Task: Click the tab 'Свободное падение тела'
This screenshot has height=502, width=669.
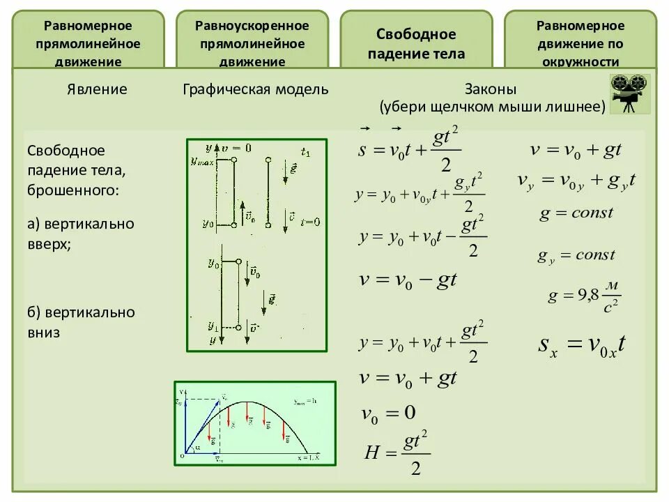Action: tap(416, 43)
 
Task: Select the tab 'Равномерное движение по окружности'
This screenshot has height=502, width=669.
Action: tap(580, 43)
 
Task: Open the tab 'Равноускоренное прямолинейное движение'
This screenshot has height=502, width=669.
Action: tap(252, 43)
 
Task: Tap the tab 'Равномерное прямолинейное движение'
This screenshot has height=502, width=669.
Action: tap(88, 43)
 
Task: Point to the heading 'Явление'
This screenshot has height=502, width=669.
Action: tap(97, 89)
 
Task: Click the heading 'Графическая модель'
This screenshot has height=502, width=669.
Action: tap(255, 89)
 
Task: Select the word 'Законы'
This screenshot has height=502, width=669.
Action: tap(491, 89)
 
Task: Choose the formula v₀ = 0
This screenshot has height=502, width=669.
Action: tap(388, 413)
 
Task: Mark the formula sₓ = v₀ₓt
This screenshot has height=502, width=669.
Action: tap(582, 344)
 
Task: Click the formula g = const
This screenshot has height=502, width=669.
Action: tap(576, 213)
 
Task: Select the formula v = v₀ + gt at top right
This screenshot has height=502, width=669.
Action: tap(576, 149)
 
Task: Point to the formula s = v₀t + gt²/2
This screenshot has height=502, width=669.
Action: tap(409, 152)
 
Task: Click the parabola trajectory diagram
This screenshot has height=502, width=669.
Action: tap(254, 423)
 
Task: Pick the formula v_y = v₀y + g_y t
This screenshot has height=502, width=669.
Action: tap(576, 181)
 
